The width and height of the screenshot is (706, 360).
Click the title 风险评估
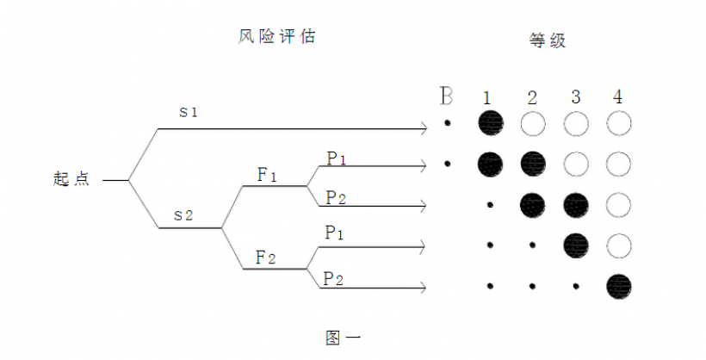pyautogui.click(x=276, y=36)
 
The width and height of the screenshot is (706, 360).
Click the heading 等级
pyautogui.click(x=547, y=40)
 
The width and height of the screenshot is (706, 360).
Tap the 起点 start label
pyautogui.click(x=71, y=179)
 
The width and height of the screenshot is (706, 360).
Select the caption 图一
pyautogui.click(x=343, y=338)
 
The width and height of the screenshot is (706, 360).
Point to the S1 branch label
pyautogui.click(x=189, y=112)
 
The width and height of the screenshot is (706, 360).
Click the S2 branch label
pyautogui.click(x=183, y=215)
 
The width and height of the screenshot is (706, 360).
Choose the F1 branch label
pyautogui.click(x=267, y=175)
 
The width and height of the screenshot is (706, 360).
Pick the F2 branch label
pyautogui.click(x=266, y=258)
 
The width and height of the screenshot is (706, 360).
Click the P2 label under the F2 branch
pyautogui.click(x=333, y=279)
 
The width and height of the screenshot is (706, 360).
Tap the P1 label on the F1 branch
pyautogui.click(x=337, y=158)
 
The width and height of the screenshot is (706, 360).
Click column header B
pyautogui.click(x=446, y=96)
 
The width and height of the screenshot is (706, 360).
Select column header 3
pyautogui.click(x=576, y=96)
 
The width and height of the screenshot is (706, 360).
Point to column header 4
pyautogui.click(x=618, y=96)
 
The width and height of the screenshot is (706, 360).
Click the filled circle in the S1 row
pyautogui.click(x=491, y=123)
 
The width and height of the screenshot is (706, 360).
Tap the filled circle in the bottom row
pyautogui.click(x=619, y=287)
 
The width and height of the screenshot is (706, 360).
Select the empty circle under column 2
pyautogui.click(x=533, y=123)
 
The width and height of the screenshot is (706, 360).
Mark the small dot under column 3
pyautogui.click(x=576, y=286)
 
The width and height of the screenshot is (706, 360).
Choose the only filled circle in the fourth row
pyautogui.click(x=576, y=245)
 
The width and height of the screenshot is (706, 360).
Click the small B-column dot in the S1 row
pyautogui.click(x=447, y=122)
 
